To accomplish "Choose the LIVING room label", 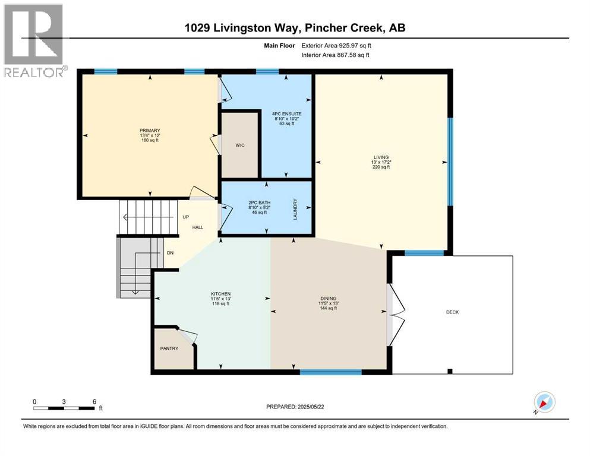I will click(x=381, y=157).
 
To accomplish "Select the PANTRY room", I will click(x=169, y=349).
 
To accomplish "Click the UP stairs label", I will click(x=185, y=217).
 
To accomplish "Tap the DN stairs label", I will click(x=170, y=253).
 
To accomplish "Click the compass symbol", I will click(x=545, y=403).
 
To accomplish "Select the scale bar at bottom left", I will click(x=65, y=408).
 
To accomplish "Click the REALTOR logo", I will click(x=34, y=42).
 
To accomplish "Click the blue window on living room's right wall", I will click(x=450, y=161).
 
